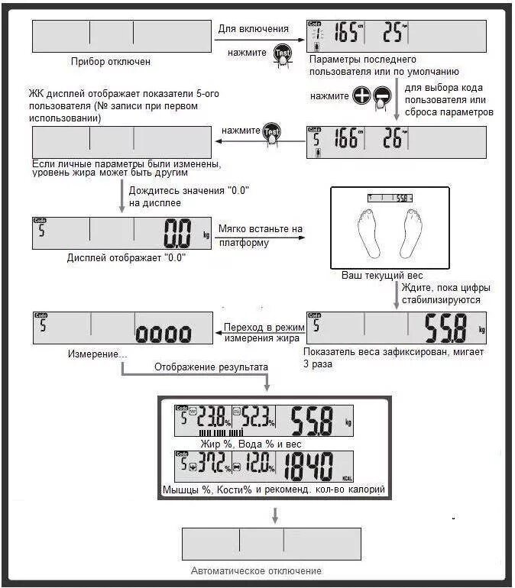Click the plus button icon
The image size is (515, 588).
pyautogui.click(x=361, y=96)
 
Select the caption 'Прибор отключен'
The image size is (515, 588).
pyautogui.click(x=110, y=62)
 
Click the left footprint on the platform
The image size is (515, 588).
pyautogui.click(x=368, y=233)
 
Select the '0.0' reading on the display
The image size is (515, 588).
pyautogui.click(x=177, y=234)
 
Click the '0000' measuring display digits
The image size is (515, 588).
pyautogui.click(x=163, y=333)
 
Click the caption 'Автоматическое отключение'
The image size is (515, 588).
pyautogui.click(x=256, y=571)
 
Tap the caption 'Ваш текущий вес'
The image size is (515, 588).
pyautogui.click(x=382, y=275)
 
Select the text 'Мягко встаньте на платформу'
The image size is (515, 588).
pyautogui.click(x=261, y=235)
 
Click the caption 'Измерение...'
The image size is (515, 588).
pyautogui.click(x=98, y=355)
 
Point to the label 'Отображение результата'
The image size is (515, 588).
pyautogui.click(x=211, y=367)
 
